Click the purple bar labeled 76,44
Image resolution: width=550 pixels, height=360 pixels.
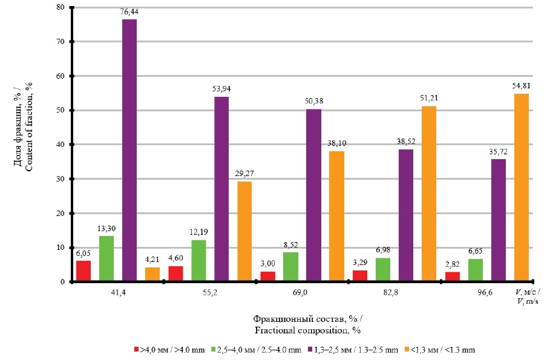[129, 151]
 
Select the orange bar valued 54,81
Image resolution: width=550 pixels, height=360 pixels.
[521, 188]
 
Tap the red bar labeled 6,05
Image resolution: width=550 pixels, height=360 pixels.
[83, 271]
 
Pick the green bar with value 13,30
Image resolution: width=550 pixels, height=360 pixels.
[106, 259]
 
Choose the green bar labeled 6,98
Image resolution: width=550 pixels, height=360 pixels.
[383, 270]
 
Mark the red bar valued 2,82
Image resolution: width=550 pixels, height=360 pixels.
[452, 277]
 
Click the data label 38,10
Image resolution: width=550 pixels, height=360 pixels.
[336, 145]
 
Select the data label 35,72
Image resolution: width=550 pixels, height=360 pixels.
[498, 152]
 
